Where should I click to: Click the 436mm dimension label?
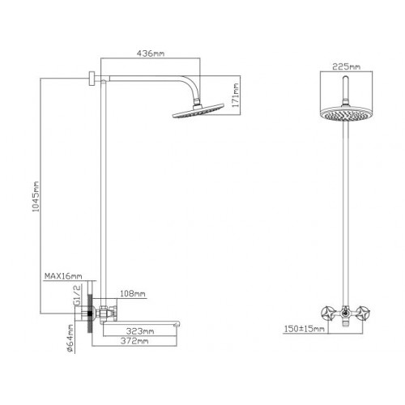pos(151,53)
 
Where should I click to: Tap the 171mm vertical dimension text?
pos(236,95)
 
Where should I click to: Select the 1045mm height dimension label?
pos(36,196)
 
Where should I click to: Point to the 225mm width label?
pos(346,66)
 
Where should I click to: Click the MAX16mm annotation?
pos(63,276)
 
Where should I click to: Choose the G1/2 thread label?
pos(78,295)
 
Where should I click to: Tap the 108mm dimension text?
pos(133,293)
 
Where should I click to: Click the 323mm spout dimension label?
pos(140,330)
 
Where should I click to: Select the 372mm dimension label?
pos(134,341)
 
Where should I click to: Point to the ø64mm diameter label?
pos(70,339)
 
